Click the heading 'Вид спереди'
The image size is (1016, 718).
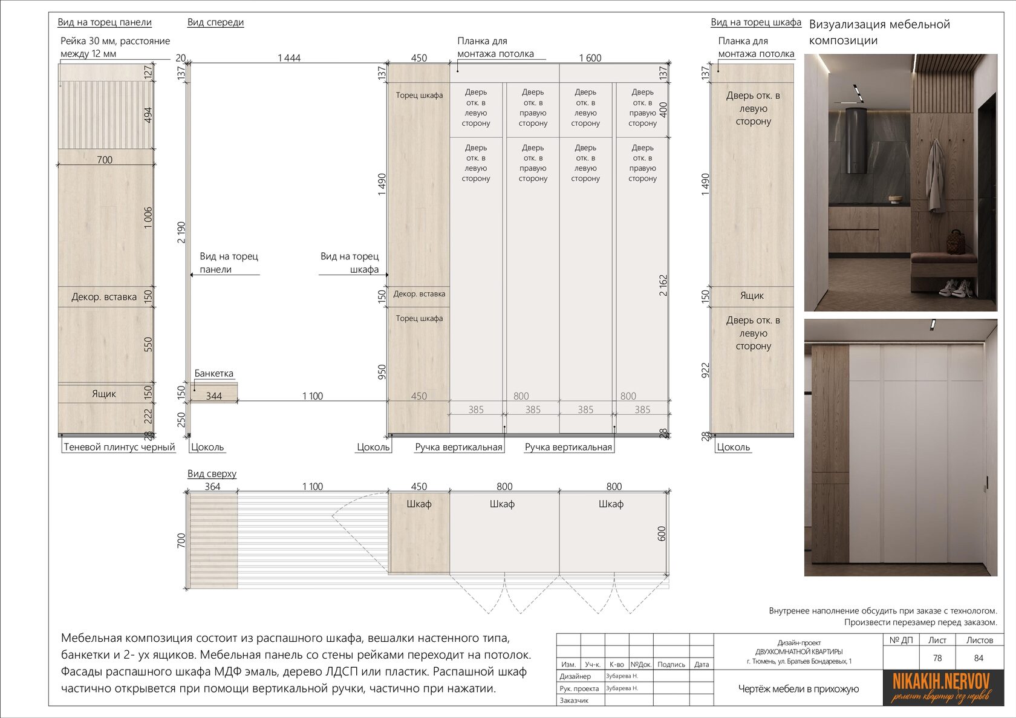click(x=215, y=22)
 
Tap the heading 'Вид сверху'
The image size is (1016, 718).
click(x=212, y=474)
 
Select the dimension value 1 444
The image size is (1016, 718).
click(x=289, y=58)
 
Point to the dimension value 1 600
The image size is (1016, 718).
click(x=590, y=58)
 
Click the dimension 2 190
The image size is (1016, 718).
click(x=181, y=232)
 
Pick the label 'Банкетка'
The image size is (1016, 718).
click(x=213, y=373)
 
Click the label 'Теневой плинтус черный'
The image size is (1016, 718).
click(x=119, y=447)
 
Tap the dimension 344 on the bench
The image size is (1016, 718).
click(x=213, y=396)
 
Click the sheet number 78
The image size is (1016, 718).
click(x=937, y=658)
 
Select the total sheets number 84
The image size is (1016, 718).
click(x=979, y=658)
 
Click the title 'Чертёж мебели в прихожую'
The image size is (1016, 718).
click(x=798, y=689)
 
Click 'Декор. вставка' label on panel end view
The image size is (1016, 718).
click(x=104, y=297)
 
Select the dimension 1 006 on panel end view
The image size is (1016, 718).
click(x=148, y=218)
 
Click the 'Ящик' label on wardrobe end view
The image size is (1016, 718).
click(x=752, y=296)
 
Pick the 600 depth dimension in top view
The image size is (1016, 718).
click(x=661, y=534)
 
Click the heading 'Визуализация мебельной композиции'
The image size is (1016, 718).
click(x=879, y=32)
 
